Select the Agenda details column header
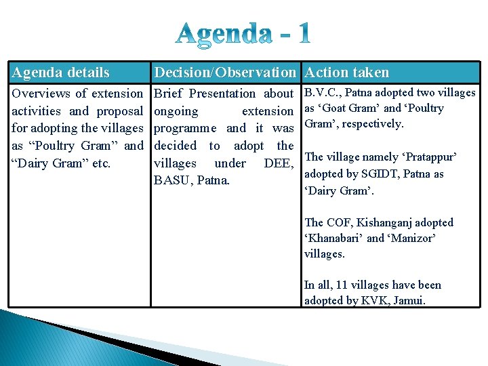click(x=61, y=73)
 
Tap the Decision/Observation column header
click(x=225, y=73)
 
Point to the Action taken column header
click(x=347, y=73)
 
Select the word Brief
click(x=169, y=94)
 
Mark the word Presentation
click(x=222, y=94)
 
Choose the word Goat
click(x=348, y=108)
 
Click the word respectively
click(x=373, y=124)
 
